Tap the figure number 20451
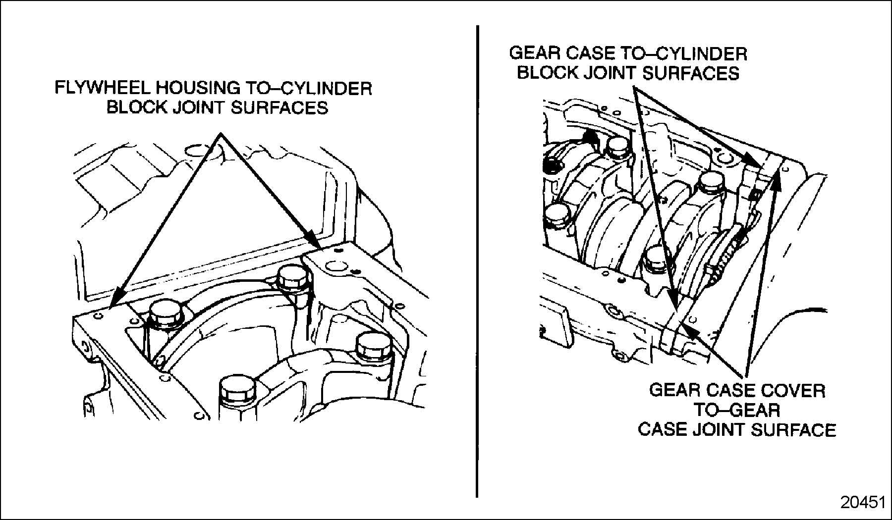coord(863,503)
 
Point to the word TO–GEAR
coord(736,410)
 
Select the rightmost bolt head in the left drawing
coord(373,344)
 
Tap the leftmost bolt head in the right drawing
coord(557,215)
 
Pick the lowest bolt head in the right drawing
coord(657,259)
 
